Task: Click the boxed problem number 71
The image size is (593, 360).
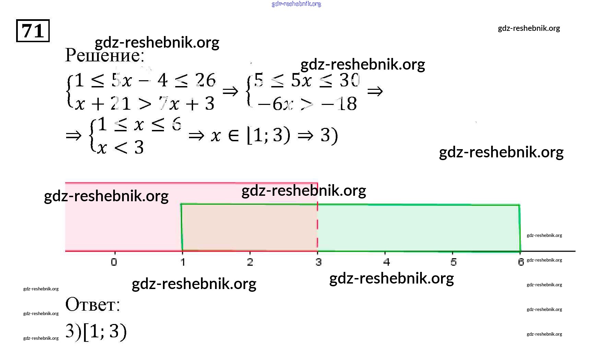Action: (x=33, y=31)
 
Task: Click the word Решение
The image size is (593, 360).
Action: (x=104, y=55)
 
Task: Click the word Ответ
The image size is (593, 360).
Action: (x=92, y=304)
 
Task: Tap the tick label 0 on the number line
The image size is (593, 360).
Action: (x=114, y=262)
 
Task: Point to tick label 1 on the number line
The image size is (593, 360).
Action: (x=183, y=262)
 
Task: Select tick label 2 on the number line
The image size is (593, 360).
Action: (x=250, y=262)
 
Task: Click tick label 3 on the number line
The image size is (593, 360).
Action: (x=319, y=262)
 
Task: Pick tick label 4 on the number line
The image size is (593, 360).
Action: (x=387, y=262)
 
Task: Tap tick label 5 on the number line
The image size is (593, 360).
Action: (x=453, y=262)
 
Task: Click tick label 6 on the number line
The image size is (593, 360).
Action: (x=521, y=262)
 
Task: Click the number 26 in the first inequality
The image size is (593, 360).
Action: (x=205, y=80)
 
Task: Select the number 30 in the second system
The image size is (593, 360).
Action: (x=349, y=80)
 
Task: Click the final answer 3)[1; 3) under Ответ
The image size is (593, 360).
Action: (x=96, y=332)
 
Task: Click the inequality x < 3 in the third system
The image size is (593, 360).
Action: (x=120, y=148)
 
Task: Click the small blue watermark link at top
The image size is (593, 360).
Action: (x=296, y=4)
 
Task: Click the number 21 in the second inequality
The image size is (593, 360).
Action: (x=120, y=104)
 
